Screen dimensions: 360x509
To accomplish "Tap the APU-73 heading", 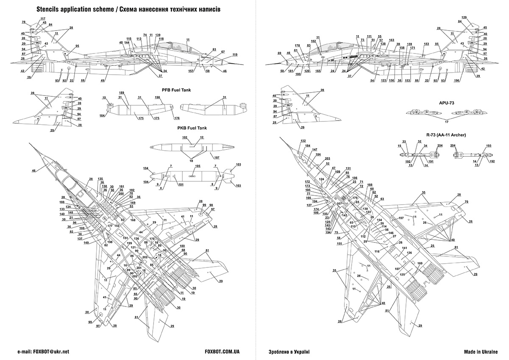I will [446, 102].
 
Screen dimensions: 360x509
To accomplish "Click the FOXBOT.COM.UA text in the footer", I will [222, 352].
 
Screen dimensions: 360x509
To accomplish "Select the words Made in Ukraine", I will [480, 352].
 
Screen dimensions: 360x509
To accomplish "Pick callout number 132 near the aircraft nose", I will [303, 141].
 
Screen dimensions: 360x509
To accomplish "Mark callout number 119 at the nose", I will [235, 54].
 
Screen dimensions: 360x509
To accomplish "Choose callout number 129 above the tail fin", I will [464, 17].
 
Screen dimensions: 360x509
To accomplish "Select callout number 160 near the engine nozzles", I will [420, 264].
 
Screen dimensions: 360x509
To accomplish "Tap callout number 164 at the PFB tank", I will [103, 115].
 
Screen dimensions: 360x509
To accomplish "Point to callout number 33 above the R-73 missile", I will [404, 141].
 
